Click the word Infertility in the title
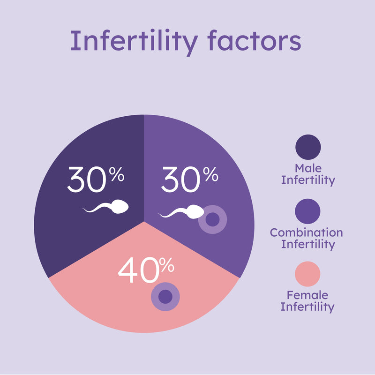pos(134,41)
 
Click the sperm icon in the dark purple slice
pos(106,208)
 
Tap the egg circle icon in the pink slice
pos(165,297)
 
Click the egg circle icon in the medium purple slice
pos(212,219)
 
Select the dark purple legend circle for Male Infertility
pos(308,147)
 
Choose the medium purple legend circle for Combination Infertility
pos(308,211)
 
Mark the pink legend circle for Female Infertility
pos(308,274)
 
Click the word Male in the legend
pos(308,168)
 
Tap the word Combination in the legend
pos(307,232)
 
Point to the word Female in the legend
pos(307,296)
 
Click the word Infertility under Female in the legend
pos(307,307)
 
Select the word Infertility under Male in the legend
pos(308,180)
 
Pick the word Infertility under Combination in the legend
pos(308,244)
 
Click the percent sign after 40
pos(166,266)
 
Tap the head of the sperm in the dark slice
pos(120,207)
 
